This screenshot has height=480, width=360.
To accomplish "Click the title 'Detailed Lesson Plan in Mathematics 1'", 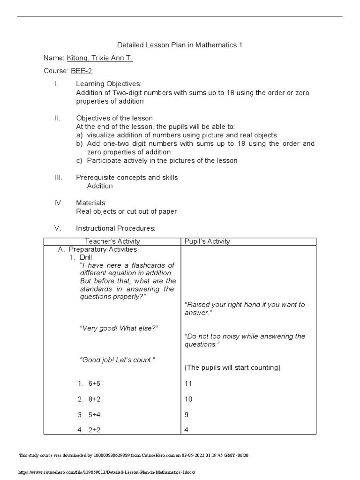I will click(x=180, y=45).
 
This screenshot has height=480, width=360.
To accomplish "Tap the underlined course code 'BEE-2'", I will click(x=81, y=71).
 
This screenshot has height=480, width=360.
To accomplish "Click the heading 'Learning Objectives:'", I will click(x=108, y=84).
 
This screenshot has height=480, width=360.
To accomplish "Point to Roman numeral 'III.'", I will click(x=59, y=178).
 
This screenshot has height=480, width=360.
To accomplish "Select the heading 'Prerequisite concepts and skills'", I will click(x=127, y=178).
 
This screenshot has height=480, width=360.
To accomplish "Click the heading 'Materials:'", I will click(x=91, y=203).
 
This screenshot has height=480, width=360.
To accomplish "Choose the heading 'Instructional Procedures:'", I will click(x=115, y=228).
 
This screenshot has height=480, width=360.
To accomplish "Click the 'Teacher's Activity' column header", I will click(x=112, y=241).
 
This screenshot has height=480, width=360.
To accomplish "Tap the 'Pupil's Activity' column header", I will click(x=207, y=241).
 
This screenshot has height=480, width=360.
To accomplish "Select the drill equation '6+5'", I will click(x=94, y=383).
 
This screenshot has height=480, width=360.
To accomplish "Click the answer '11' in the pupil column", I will click(x=188, y=383).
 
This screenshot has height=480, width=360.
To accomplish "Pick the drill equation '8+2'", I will click(x=94, y=399).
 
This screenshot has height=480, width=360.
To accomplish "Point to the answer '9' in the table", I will click(x=187, y=415).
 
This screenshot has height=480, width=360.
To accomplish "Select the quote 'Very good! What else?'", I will click(x=119, y=328).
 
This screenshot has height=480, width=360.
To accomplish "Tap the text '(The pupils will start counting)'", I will click(x=232, y=367).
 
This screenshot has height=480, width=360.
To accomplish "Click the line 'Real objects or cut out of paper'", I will click(x=127, y=211).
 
